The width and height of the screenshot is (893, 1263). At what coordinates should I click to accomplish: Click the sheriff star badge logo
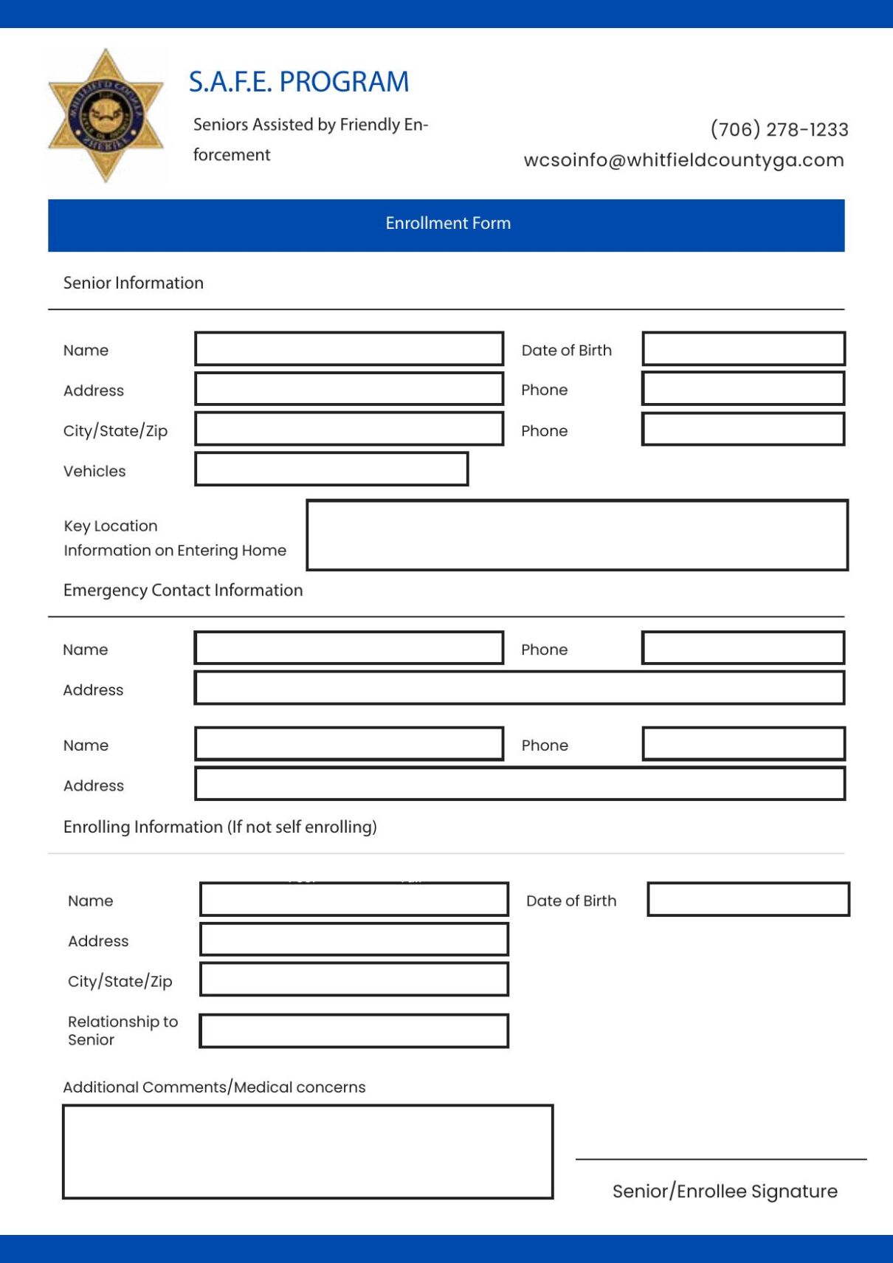click(x=106, y=116)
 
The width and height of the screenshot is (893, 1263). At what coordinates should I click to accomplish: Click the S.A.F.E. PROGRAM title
click(x=299, y=82)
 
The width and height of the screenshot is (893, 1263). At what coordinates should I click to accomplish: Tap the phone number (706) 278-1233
click(x=779, y=130)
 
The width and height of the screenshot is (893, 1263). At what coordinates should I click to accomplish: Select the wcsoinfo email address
click(x=683, y=160)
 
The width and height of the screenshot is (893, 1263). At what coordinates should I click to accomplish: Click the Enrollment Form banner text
click(x=448, y=223)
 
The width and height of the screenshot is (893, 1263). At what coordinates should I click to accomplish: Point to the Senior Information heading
click(x=134, y=283)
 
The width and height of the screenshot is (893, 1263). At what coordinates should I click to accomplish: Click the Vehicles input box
click(x=331, y=469)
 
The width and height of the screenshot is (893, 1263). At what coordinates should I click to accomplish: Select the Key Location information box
click(x=577, y=535)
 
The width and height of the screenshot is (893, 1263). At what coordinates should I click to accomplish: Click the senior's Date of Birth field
click(x=743, y=349)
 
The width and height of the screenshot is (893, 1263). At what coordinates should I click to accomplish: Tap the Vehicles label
click(x=94, y=471)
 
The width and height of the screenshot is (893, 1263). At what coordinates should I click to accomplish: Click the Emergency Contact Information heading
click(x=183, y=590)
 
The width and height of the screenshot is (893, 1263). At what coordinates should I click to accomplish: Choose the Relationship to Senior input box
click(x=354, y=1031)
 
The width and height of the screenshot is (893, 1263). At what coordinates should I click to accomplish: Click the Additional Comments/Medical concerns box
click(x=308, y=1152)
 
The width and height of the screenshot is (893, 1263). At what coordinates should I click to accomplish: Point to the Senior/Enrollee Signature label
click(x=725, y=1191)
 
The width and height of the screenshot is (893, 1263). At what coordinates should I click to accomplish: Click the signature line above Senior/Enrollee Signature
click(x=721, y=1159)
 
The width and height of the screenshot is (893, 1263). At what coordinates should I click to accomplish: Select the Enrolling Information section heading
click(x=220, y=827)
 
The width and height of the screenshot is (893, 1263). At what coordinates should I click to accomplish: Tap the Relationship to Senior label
click(x=123, y=1030)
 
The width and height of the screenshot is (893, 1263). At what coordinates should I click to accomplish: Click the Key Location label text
click(x=111, y=526)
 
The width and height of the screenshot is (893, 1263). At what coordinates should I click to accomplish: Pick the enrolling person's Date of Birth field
click(x=748, y=900)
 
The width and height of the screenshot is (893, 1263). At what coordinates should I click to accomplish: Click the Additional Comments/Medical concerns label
click(x=214, y=1087)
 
